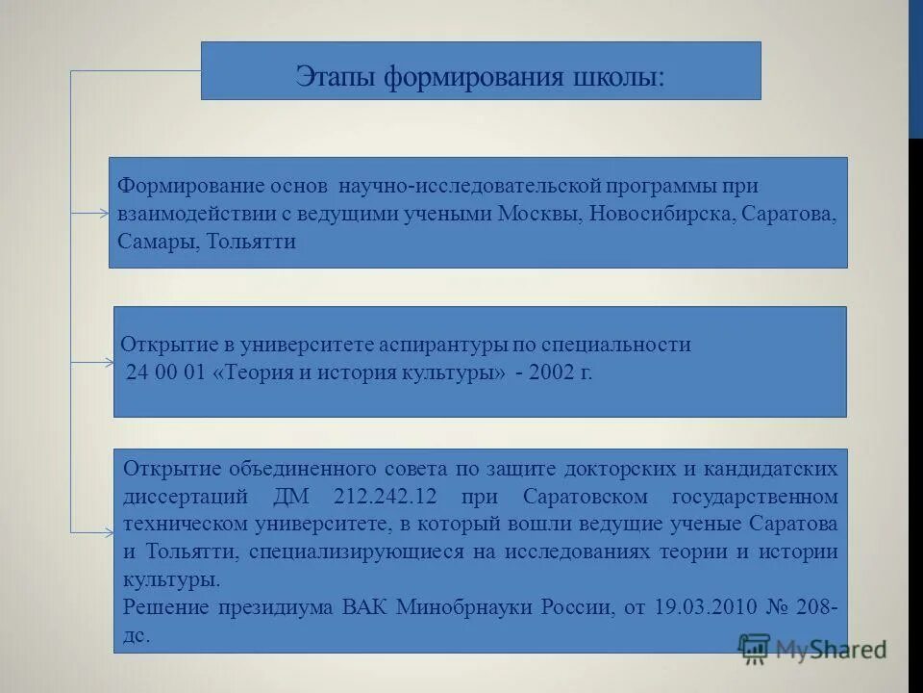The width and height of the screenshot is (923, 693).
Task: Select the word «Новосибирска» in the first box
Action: (661, 214)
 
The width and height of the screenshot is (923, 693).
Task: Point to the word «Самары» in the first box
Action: (158, 242)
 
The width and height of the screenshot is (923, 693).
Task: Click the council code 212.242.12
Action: (380, 498)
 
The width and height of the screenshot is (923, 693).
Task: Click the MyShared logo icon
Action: (756, 648)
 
